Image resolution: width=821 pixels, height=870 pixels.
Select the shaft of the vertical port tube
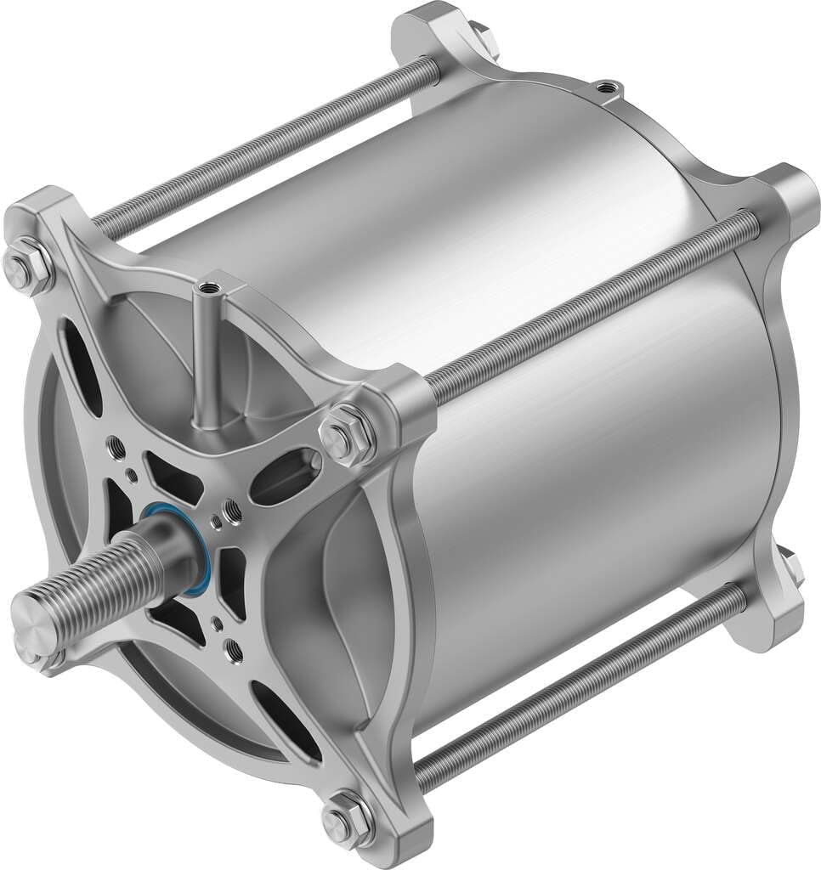coord(205,357)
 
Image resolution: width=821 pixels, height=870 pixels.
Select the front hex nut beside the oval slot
coord(347,432)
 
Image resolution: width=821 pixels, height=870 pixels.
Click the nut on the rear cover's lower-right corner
coord(790,568)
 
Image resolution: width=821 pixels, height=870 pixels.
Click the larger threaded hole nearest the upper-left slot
coord(117,444)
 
